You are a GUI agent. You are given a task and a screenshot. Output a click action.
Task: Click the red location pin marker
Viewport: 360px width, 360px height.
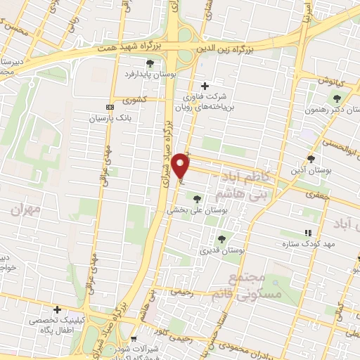click(181, 165)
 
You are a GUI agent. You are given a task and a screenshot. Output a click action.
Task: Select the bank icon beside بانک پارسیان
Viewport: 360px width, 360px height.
click(108, 106)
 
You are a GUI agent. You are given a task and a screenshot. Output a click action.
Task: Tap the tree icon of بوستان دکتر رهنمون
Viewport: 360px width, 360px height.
click(338, 98)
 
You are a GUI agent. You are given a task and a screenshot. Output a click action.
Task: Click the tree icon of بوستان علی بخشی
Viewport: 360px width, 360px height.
click(196, 200)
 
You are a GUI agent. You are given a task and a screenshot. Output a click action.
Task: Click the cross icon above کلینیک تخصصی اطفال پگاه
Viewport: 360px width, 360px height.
click(57, 309)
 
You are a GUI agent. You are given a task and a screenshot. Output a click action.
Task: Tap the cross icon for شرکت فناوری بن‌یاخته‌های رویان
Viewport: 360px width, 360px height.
click(204, 85)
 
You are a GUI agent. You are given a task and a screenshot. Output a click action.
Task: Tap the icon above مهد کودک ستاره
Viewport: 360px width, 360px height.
click(307, 233)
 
